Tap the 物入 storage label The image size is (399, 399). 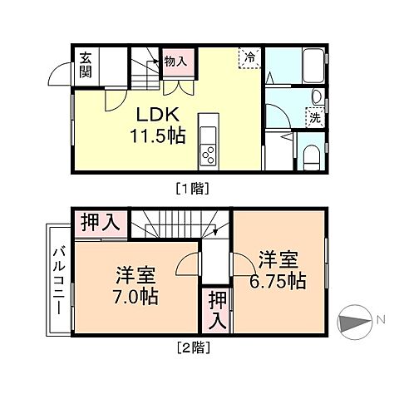[x=175, y=61]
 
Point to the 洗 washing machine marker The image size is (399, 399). [x=314, y=118]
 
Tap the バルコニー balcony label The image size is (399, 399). [x=60, y=280]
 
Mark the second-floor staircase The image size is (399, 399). [x=179, y=224]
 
